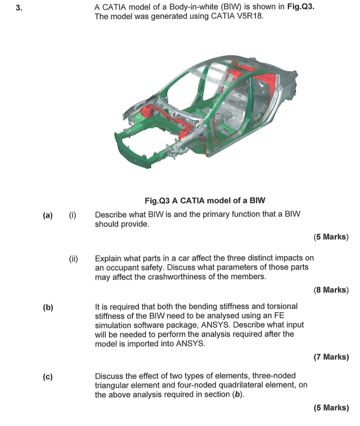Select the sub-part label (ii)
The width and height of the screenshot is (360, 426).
coord(73,259)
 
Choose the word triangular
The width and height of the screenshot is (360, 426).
coord(115,386)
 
